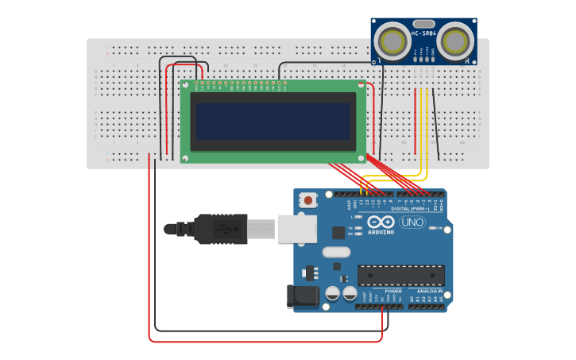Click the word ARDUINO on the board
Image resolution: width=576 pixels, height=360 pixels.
tap(381, 232)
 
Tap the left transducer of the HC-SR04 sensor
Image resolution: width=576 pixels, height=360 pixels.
tap(392, 41)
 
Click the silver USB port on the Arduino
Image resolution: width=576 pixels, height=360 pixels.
tap(297, 228)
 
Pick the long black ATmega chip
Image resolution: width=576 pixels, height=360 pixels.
tap(400, 275)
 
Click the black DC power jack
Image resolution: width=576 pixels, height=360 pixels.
tap(303, 296)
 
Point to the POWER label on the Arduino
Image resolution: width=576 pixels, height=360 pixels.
tap(393, 291)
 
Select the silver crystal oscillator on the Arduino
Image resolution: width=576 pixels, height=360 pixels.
tap(336, 252)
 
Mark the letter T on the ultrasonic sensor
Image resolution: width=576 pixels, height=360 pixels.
tap(380, 60)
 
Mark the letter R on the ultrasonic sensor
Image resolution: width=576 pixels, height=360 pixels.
tap(468, 60)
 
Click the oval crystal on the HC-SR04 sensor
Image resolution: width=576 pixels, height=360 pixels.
tap(423, 23)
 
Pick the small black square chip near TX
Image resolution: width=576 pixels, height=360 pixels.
tap(339, 232)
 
